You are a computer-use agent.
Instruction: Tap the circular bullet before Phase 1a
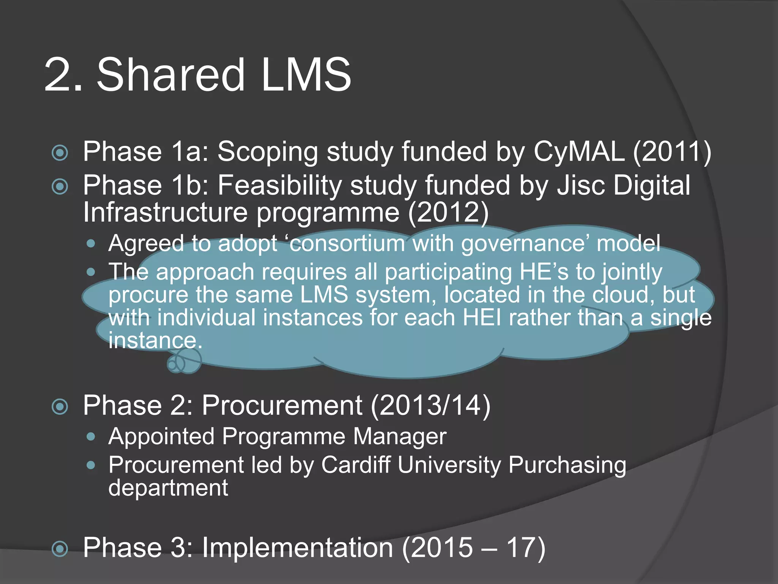pyautogui.click(x=60, y=153)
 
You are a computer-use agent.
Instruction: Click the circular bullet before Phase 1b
pyautogui.click(x=60, y=187)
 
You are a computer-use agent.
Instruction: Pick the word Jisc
pyautogui.click(x=581, y=186)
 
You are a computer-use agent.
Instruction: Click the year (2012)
pyautogui.click(x=449, y=212)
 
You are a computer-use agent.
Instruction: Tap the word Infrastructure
pyautogui.click(x=165, y=212)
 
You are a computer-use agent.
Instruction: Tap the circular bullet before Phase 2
pyautogui.click(x=60, y=406)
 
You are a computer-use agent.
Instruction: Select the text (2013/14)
pyautogui.click(x=430, y=406)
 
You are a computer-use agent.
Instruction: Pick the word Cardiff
pyautogui.click(x=356, y=465)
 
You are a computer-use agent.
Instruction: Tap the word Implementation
pyautogui.click(x=297, y=548)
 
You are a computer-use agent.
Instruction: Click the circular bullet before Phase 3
pyautogui.click(x=60, y=549)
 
